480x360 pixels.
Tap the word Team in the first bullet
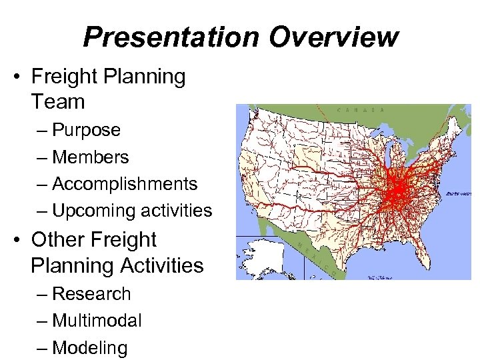[58, 102]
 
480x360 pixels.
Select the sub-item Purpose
[86, 130]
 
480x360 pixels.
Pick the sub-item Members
[90, 157]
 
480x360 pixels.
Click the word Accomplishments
[124, 184]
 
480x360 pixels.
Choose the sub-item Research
[91, 293]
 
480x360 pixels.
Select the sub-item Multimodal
[97, 321]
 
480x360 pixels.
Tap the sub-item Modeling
[89, 348]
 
